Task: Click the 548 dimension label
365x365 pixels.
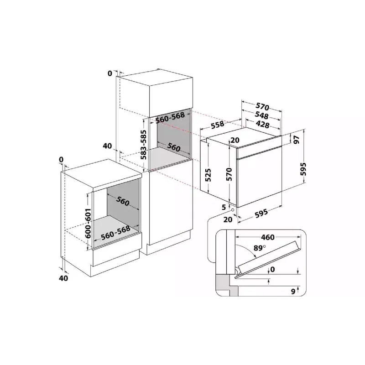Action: pos(261,115)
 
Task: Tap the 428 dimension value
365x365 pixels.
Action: pos(262,125)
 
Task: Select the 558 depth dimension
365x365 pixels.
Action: pos(218,125)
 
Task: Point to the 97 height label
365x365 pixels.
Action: pos(296,140)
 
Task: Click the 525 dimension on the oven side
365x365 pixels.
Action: pos(208,175)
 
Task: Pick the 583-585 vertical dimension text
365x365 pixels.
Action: pos(144,145)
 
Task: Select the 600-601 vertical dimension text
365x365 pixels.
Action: pos(88,223)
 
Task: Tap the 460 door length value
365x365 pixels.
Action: pos(268,237)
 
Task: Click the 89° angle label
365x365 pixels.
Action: pos(260,248)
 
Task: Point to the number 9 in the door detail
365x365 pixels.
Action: pos(293,291)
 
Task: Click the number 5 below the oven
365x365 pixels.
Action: pos(224,207)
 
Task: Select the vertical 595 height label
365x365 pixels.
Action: pos(303,169)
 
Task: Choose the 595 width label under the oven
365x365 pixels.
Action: pos(261,213)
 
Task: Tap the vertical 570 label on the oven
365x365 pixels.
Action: pos(229,174)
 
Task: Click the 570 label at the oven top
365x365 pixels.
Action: pos(262,106)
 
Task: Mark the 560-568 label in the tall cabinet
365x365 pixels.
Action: pos(170,118)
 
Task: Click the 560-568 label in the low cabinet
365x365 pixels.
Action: pos(115,232)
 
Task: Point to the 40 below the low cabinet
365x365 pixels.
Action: pos(63,278)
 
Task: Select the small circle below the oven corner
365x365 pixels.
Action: pos(232,209)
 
